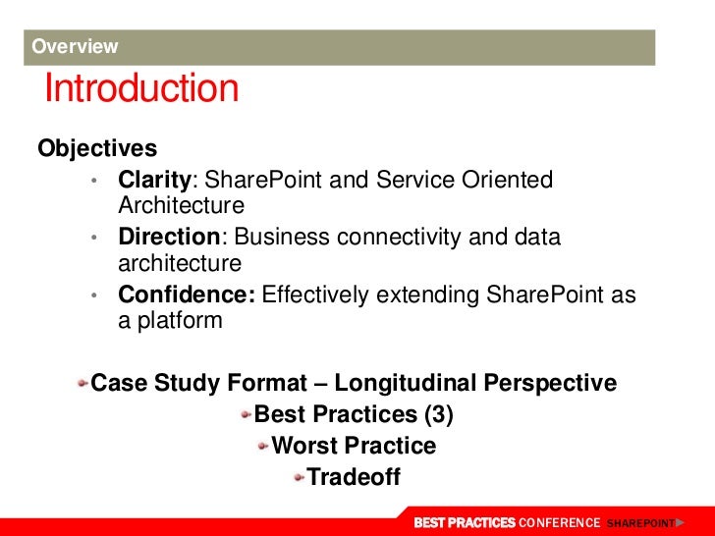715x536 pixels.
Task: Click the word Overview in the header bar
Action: pos(75,46)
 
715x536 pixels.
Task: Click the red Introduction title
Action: pos(141,87)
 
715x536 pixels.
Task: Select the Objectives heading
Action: pos(97,148)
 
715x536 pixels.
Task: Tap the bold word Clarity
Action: pos(154,180)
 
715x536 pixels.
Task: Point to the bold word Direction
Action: pos(169,237)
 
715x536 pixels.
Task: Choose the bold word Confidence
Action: pos(187,295)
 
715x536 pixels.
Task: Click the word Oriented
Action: pos(507,179)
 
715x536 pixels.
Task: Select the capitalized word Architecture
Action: pos(181,205)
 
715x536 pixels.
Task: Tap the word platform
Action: pos(180,321)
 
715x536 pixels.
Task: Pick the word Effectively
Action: pos(314,295)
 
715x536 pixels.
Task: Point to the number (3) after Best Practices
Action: pos(439,414)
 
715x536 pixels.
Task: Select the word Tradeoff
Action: pos(354,477)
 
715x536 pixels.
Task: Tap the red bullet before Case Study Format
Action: pos(82,383)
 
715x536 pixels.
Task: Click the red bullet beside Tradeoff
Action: pos(300,478)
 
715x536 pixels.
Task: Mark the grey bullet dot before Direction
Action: pos(94,238)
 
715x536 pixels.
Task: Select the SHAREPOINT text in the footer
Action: pos(640,523)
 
